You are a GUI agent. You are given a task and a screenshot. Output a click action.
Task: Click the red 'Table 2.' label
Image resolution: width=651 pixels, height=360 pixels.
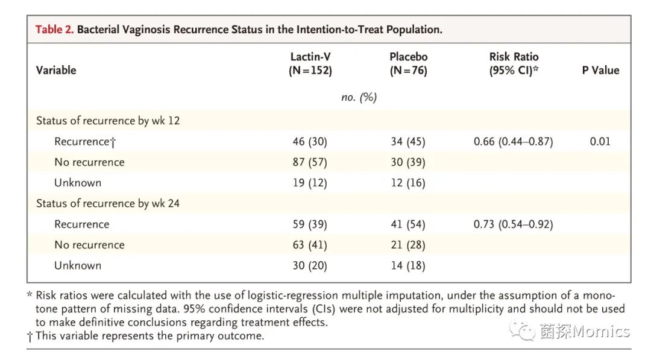click(55, 29)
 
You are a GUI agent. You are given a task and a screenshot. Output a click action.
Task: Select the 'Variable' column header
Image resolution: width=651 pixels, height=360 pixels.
click(56, 70)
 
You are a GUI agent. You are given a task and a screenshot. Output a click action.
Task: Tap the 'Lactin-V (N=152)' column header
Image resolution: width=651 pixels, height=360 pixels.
click(310, 63)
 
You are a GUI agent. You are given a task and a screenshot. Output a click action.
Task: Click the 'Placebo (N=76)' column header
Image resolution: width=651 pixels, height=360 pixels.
click(408, 63)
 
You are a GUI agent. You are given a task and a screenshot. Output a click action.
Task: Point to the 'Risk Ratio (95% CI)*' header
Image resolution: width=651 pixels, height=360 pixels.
click(514, 63)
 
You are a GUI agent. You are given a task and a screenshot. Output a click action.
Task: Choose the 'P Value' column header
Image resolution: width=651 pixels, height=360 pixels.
click(600, 70)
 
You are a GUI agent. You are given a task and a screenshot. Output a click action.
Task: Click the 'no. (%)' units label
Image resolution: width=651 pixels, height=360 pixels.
click(359, 97)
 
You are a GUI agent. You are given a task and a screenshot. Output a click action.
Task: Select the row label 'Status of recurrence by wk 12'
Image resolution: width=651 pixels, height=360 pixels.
click(108, 121)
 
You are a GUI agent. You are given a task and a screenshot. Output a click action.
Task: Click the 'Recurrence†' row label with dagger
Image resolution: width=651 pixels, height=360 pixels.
click(84, 142)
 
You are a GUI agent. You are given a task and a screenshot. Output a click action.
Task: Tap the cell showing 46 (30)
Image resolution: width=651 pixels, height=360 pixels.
click(310, 142)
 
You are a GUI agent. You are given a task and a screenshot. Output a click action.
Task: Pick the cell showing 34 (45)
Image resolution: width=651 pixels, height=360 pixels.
click(408, 142)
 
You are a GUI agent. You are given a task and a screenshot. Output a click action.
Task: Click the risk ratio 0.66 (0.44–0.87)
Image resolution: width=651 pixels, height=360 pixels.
click(514, 142)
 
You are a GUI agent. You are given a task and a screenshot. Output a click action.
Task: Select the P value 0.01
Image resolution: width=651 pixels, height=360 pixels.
click(600, 142)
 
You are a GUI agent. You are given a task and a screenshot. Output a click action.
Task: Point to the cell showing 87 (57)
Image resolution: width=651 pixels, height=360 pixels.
click(310, 162)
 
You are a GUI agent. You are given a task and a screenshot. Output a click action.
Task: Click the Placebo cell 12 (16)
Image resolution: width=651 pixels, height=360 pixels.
click(408, 183)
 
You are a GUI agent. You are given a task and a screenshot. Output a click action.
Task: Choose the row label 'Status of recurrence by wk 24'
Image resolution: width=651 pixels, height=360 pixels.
click(108, 203)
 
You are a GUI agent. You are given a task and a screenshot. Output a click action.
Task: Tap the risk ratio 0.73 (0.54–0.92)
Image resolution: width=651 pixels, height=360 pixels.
click(514, 224)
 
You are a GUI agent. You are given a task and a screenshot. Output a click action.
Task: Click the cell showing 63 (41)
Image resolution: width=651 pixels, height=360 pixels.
click(310, 245)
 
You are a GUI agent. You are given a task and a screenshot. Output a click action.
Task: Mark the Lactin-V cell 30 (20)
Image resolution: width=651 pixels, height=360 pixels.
click(310, 265)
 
